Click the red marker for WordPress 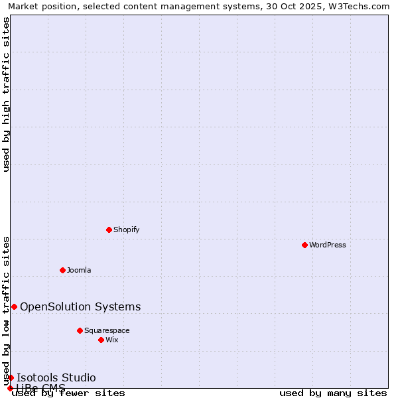[x=304, y=245]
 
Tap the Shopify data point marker [x=109, y=230]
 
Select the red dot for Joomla [x=62, y=270]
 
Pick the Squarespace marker [x=80, y=330]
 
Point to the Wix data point [x=101, y=340]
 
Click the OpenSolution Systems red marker [x=14, y=306]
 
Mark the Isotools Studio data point [x=11, y=377]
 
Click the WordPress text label [x=328, y=245]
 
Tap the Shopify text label [x=127, y=230]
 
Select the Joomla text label [x=79, y=270]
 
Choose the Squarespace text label [x=107, y=330]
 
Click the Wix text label [x=112, y=340]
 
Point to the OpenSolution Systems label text [x=80, y=306]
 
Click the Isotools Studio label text [x=56, y=377]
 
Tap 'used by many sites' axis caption [x=333, y=393]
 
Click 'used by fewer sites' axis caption [x=69, y=393]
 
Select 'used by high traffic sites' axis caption [x=7, y=94]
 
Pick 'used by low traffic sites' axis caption [x=7, y=310]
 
